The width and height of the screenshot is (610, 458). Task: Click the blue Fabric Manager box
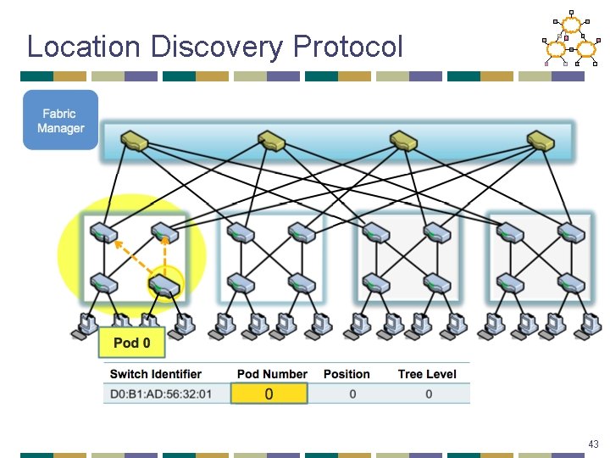(60, 120)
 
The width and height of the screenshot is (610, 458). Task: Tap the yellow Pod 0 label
(131, 343)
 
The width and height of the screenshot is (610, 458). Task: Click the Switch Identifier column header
(156, 374)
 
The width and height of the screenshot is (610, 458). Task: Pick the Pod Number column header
(272, 374)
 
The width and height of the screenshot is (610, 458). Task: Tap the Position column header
(347, 374)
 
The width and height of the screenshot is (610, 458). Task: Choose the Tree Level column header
(427, 374)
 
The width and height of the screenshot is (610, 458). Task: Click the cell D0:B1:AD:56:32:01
(161, 394)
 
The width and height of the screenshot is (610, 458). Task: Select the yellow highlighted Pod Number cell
(269, 394)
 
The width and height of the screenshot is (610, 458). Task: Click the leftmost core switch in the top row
(135, 140)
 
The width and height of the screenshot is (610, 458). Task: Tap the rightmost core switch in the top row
(540, 140)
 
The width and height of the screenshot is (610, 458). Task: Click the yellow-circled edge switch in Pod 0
(164, 285)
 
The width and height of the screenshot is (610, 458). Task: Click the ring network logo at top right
(570, 40)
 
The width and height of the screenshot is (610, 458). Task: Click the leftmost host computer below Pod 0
(86, 326)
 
